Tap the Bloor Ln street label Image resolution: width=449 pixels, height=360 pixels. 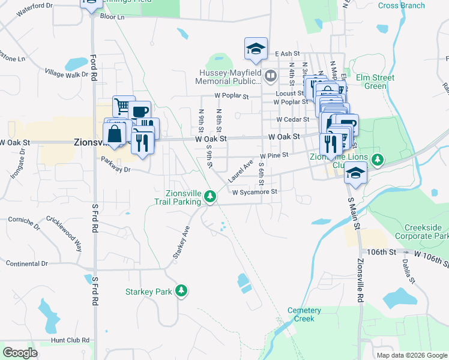[x=112, y=17]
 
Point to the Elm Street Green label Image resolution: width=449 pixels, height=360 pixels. [x=375, y=82]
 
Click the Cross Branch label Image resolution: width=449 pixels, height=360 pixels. [x=402, y=6]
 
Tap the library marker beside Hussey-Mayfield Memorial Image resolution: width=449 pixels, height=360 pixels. [x=271, y=76]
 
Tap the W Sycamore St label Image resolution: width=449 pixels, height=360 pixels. [x=255, y=192]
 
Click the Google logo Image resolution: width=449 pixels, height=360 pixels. [x=20, y=353]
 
